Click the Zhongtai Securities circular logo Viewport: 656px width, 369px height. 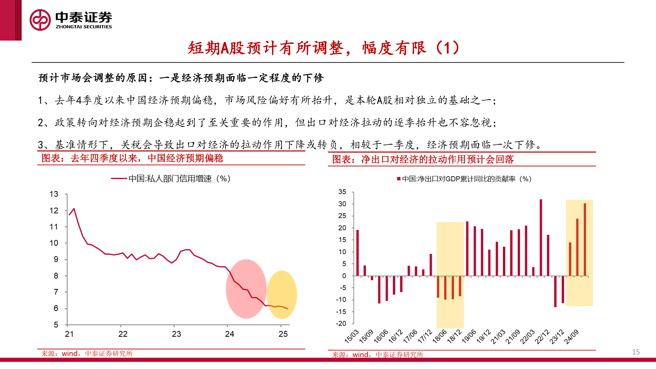coord(40,20)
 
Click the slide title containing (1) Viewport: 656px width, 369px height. coord(324,48)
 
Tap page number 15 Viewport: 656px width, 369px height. coord(635,352)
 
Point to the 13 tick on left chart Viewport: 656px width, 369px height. coord(54,194)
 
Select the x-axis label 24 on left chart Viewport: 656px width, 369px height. coord(230,334)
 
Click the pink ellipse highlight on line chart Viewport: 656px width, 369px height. coord(246,289)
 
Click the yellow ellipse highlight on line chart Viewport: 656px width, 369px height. coord(282,295)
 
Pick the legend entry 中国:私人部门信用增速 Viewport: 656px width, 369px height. coord(171,179)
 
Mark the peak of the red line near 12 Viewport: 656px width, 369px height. coord(74,209)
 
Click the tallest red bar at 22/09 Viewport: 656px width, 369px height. coord(541,237)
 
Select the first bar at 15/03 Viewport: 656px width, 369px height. coord(357,253)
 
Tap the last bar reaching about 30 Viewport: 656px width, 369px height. coord(585,239)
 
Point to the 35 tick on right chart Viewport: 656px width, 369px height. coord(342,192)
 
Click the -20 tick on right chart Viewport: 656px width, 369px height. coord(341,324)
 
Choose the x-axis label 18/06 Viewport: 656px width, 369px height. coord(440,336)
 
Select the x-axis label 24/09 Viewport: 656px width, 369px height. coord(571,337)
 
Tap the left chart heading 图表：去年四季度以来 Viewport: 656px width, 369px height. coord(132,158)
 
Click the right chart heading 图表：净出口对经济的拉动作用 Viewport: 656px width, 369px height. coord(423,160)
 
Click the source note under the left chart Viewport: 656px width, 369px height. coord(87,354)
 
